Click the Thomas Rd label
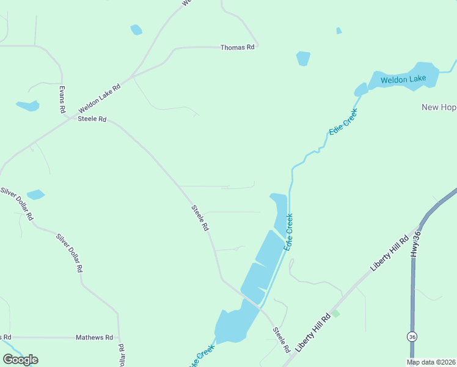pos(237,48)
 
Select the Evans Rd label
pos(62,99)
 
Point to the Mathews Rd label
pos(94,337)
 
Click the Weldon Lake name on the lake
pos(403,80)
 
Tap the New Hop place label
pos(439,107)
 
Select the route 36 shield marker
pos(412,336)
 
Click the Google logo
pos(20,359)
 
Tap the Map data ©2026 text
pos(431,362)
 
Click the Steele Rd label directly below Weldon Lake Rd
pos(92,119)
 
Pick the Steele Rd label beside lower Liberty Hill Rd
pos(282,340)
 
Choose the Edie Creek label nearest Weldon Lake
pos(342,123)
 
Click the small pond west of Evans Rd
pos(28,106)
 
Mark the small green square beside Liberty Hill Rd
pos(335,314)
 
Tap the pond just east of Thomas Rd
pos(303,58)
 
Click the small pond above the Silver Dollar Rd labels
pos(35,195)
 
